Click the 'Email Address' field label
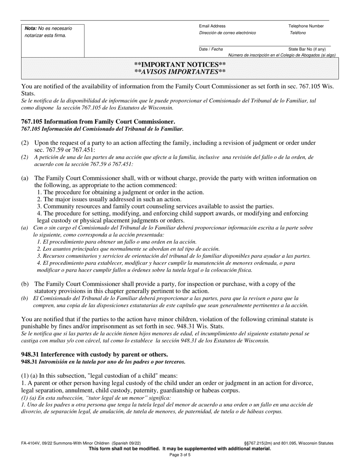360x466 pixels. coord(212,26)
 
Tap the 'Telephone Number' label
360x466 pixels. coord(306,26)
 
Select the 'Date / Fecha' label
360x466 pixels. coord(211,49)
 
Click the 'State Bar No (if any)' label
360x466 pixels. coord(307,49)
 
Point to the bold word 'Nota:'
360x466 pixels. coord(31,28)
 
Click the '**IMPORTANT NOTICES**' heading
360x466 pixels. coord(180,65)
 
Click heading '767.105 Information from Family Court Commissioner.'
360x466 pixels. coord(98,122)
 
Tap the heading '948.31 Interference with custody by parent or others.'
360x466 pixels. coord(94,355)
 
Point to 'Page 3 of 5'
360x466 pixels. coord(180,455)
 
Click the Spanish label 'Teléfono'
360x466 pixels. coord(298,33)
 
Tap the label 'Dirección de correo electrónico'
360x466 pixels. coord(227,33)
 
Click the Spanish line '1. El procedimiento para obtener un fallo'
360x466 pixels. coord(117,242)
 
